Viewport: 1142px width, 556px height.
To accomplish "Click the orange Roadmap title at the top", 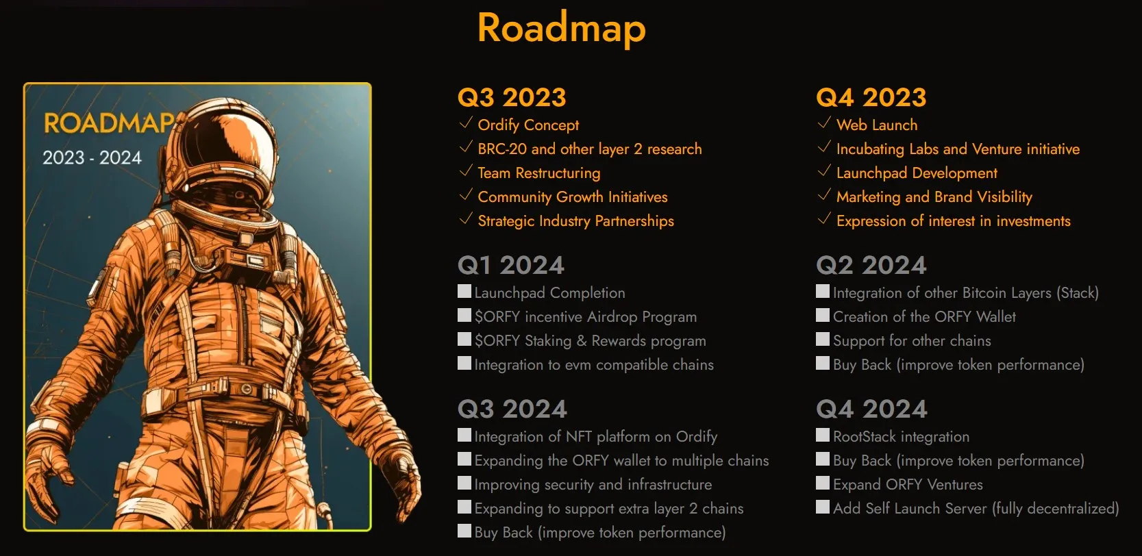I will click(x=561, y=29).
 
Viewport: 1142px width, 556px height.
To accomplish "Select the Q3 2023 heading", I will click(x=512, y=97).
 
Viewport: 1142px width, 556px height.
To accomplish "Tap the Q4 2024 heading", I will click(x=871, y=409).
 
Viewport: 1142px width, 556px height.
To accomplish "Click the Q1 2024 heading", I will click(x=510, y=265).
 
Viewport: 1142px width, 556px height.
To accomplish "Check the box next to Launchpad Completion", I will click(x=464, y=292).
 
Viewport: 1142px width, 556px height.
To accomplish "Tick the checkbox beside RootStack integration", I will click(x=823, y=435).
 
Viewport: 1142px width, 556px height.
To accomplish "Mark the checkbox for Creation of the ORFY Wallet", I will click(x=823, y=316).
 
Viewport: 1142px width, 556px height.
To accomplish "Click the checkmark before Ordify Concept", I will click(x=466, y=123).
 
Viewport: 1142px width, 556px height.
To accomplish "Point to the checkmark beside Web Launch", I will click(x=824, y=123).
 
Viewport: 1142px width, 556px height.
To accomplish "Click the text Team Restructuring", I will click(x=538, y=173).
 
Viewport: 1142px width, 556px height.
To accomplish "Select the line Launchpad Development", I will click(x=917, y=173).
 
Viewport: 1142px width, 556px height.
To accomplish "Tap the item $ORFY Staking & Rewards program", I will click(x=590, y=341).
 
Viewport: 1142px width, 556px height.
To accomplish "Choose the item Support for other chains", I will click(x=912, y=341).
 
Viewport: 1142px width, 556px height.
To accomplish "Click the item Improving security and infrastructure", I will click(x=593, y=485).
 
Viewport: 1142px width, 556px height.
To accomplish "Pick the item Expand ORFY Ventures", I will click(x=908, y=485).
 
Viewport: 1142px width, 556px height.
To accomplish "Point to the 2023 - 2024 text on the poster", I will click(x=92, y=158).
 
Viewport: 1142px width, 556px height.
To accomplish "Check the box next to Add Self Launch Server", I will click(x=823, y=507).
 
